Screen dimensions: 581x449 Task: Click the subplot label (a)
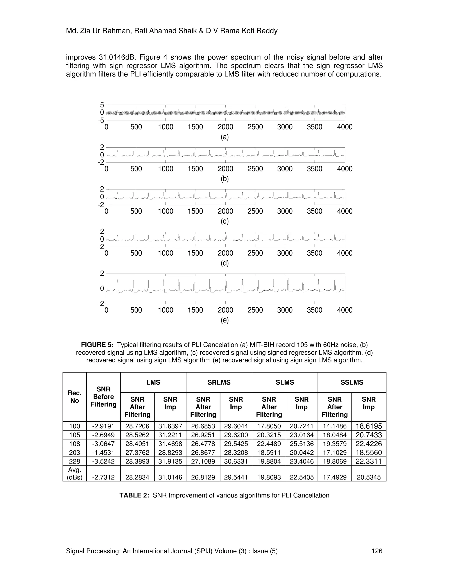[x=224, y=137]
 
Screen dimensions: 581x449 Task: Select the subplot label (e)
[x=224, y=320]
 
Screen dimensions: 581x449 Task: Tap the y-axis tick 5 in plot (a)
[x=102, y=105]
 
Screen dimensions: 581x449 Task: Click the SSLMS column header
[x=352, y=382]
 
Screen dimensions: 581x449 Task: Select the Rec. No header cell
[x=75, y=397]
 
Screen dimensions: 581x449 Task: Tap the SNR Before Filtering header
[x=103, y=397]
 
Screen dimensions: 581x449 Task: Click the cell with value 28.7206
[x=137, y=426]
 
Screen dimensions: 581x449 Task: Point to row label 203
[x=75, y=453]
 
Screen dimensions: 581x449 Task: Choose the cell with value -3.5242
[x=103, y=461]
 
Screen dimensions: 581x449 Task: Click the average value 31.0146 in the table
[x=170, y=477]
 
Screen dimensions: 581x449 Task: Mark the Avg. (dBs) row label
[x=75, y=474]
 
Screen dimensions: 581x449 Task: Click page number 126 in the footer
[x=377, y=551]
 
